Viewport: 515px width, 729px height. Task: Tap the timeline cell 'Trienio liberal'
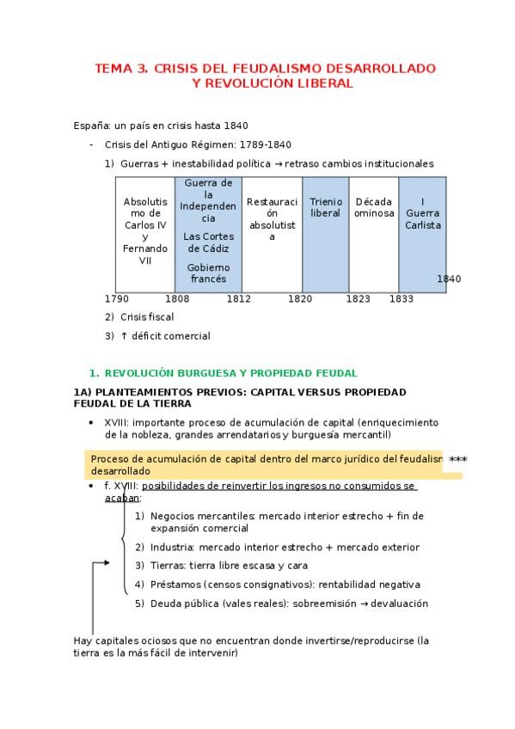pyautogui.click(x=326, y=207)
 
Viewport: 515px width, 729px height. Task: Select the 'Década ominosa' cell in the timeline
pyautogui.click(x=373, y=207)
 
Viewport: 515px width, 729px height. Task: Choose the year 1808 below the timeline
pyautogui.click(x=177, y=299)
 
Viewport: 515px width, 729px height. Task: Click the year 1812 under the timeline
pyautogui.click(x=238, y=299)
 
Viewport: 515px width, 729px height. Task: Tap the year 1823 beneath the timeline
pyautogui.click(x=359, y=299)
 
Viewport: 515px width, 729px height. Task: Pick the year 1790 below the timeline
pyautogui.click(x=117, y=299)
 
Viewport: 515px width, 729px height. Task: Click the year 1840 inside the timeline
pyautogui.click(x=449, y=279)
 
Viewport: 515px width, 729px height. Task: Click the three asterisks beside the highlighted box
pyautogui.click(x=458, y=460)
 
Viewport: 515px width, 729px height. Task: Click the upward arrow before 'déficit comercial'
pyautogui.click(x=123, y=336)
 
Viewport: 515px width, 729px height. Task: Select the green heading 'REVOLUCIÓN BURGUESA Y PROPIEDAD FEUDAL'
pyautogui.click(x=230, y=373)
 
